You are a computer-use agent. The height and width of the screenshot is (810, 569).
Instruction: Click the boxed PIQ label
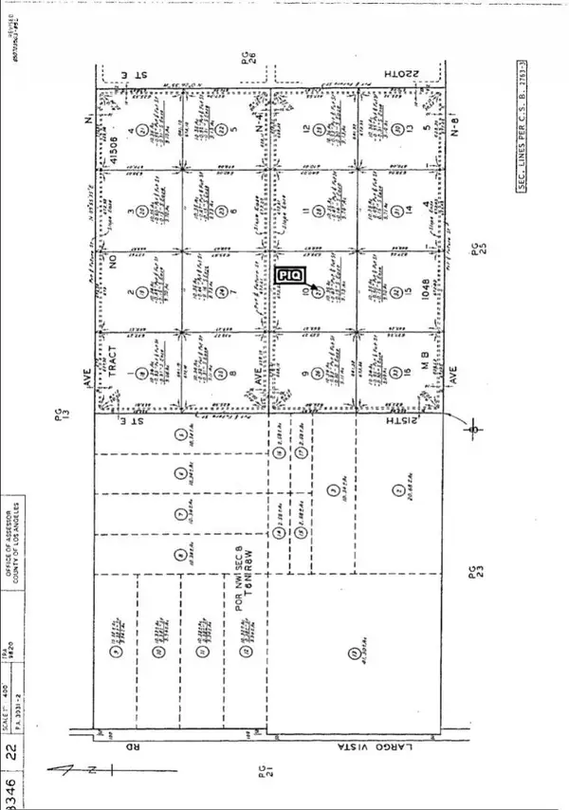click(288, 274)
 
